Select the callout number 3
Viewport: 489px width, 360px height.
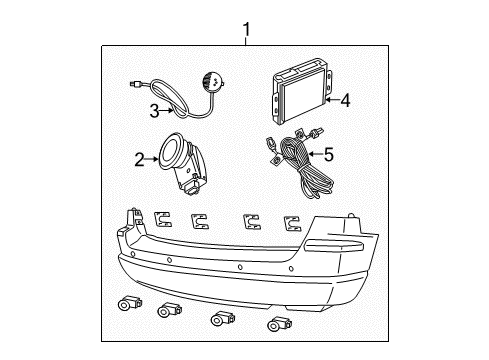click(x=154, y=110)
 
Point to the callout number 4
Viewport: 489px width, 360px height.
click(x=344, y=99)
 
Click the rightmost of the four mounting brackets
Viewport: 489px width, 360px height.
click(x=292, y=222)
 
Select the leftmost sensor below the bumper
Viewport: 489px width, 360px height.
click(x=128, y=303)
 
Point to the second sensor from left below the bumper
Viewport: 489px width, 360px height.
click(x=165, y=311)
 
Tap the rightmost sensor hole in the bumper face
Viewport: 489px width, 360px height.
click(x=291, y=269)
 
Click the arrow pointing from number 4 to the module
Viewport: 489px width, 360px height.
click(x=329, y=99)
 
